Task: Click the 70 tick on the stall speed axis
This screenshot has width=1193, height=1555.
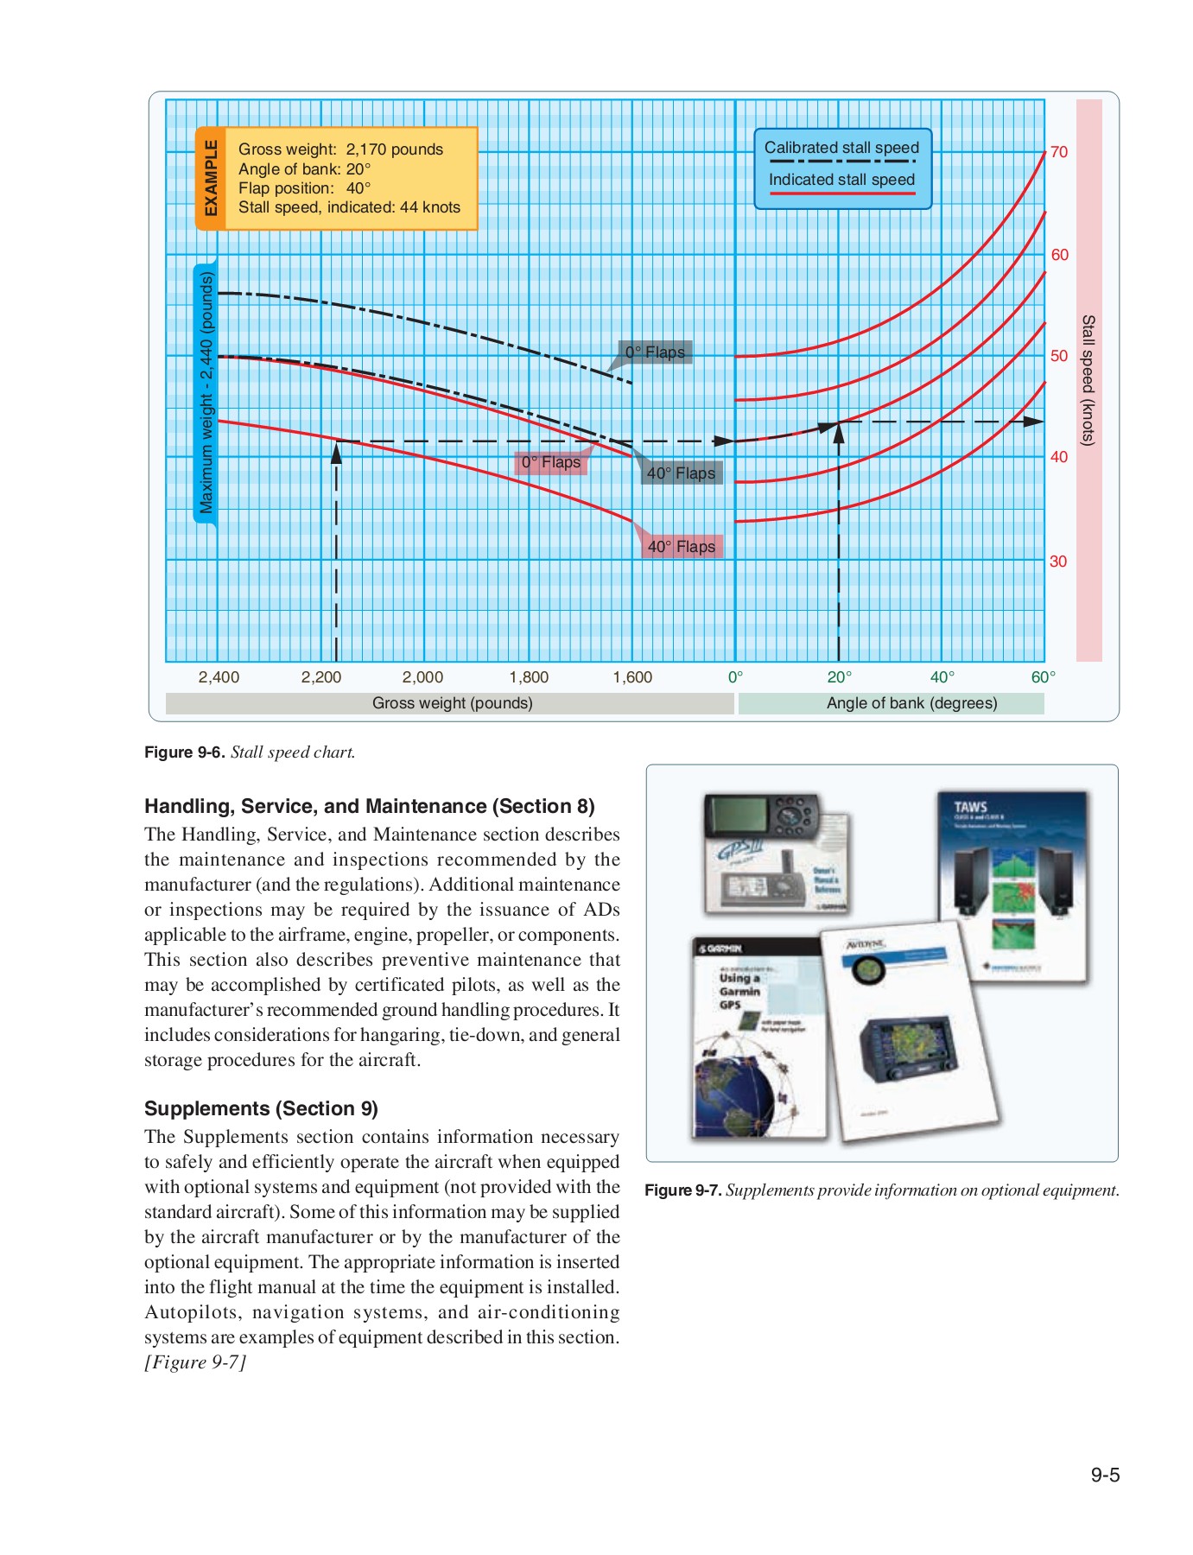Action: [x=1058, y=152]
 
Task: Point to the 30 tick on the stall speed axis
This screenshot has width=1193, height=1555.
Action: [x=1058, y=562]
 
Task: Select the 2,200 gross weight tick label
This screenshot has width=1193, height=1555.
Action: [x=321, y=677]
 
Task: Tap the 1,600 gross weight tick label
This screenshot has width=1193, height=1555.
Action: [x=632, y=677]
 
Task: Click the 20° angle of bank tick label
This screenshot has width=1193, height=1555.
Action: [x=839, y=677]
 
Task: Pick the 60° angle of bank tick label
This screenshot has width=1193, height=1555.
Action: [x=1043, y=677]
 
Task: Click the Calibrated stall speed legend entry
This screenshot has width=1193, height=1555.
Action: [x=841, y=149]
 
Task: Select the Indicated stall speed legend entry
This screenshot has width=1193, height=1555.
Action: [x=841, y=180]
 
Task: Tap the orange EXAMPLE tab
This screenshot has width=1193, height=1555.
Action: [x=210, y=178]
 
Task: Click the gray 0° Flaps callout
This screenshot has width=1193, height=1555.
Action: [x=655, y=352]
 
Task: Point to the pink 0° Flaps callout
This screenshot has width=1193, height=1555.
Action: [x=551, y=463]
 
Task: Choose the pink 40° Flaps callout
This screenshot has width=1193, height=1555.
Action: [x=682, y=547]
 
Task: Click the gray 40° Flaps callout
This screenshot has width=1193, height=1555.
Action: [x=681, y=473]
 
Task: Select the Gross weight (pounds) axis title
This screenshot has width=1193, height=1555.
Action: [x=452, y=703]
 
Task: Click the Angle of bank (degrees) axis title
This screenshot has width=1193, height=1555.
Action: [x=911, y=703]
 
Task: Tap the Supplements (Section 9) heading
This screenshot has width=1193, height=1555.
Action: [x=261, y=1108]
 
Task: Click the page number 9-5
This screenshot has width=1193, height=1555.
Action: [x=1104, y=1476]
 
